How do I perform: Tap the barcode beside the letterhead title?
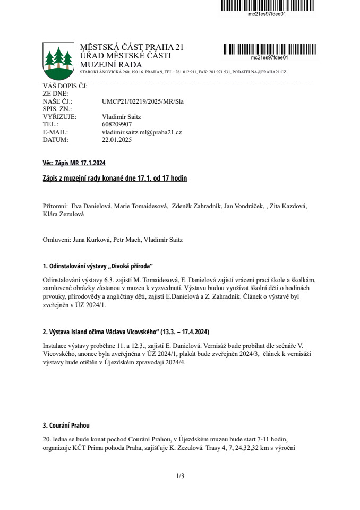pyautogui.click(x=269, y=49)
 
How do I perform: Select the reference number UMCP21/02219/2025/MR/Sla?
pyautogui.click(x=142, y=101)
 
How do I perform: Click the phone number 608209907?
pyautogui.click(x=116, y=124)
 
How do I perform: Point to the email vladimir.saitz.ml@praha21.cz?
pyautogui.click(x=142, y=132)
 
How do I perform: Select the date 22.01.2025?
pyautogui.click(x=116, y=140)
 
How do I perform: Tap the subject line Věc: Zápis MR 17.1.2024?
pyautogui.click(x=70, y=163)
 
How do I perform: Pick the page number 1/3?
pyautogui.click(x=180, y=476)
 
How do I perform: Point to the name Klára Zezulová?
pyautogui.click(x=63, y=214)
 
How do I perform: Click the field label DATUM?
pyautogui.click(x=56, y=140)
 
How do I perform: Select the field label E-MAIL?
pyautogui.click(x=56, y=132)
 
